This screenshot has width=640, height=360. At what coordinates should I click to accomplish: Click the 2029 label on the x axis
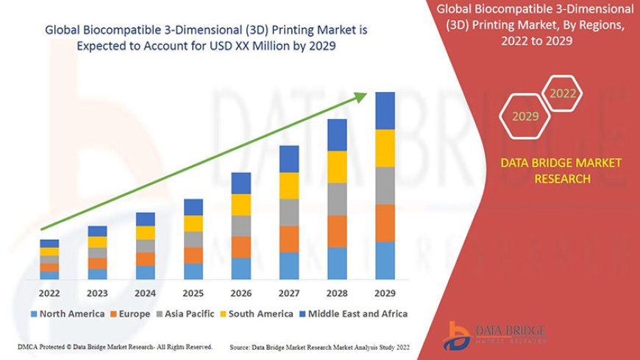click(x=385, y=292)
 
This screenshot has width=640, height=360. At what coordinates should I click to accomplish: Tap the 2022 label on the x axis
click(x=49, y=292)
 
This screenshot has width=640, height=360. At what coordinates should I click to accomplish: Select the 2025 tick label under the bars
click(x=193, y=292)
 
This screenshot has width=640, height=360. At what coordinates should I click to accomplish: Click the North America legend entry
click(x=67, y=314)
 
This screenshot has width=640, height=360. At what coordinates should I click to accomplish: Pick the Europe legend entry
click(x=132, y=314)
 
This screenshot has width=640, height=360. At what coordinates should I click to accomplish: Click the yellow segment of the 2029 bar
click(x=385, y=148)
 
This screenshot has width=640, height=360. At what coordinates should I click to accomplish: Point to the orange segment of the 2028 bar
click(x=337, y=231)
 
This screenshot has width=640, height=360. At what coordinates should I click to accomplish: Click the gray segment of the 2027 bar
click(x=289, y=212)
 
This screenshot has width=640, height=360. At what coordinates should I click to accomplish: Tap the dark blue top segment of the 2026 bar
click(x=241, y=183)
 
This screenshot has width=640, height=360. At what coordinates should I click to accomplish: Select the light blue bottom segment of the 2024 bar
click(x=146, y=272)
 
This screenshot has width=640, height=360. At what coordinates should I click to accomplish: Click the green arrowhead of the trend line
click(x=362, y=96)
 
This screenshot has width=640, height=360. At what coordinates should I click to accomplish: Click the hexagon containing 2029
click(x=525, y=116)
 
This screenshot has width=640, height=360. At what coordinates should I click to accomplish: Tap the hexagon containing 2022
click(x=563, y=93)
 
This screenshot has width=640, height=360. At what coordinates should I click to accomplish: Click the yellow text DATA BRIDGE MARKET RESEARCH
click(x=561, y=171)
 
